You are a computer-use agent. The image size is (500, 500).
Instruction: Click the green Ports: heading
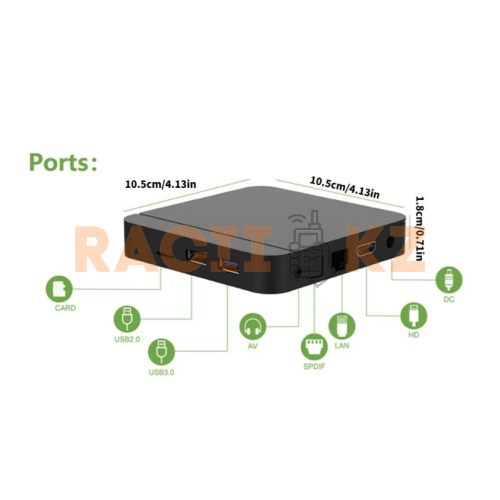click(x=63, y=162)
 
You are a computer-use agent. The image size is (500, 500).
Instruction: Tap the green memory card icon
click(x=59, y=289)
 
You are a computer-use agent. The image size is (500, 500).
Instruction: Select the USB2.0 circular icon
click(x=127, y=319)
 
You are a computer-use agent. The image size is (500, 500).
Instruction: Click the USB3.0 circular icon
click(x=161, y=352)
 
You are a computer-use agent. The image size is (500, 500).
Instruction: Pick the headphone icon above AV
click(x=253, y=327)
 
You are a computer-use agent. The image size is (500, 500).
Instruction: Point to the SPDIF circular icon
click(x=314, y=347)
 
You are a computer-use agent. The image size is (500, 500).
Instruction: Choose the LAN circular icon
click(x=342, y=326)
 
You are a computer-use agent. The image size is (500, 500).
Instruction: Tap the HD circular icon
click(x=414, y=315)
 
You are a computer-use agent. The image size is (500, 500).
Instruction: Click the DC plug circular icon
click(x=449, y=279)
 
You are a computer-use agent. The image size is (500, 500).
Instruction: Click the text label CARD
click(x=65, y=308)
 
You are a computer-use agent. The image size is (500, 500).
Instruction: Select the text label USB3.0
click(x=161, y=372)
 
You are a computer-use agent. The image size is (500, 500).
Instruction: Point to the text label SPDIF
click(x=314, y=367)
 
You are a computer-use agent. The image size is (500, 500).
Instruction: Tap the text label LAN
click(x=342, y=345)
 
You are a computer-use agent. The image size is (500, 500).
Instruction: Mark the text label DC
click(x=449, y=299)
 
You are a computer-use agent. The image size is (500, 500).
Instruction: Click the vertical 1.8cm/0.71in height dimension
click(x=420, y=228)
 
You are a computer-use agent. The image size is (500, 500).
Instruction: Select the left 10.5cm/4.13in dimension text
click(x=160, y=184)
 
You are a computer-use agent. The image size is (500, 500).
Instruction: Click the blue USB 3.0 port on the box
click(x=229, y=266)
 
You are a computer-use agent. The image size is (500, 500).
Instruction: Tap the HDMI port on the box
click(x=367, y=250)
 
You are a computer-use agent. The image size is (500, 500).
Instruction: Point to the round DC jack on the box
click(x=391, y=242)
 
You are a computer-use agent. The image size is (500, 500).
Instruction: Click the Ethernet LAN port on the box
click(x=338, y=260)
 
